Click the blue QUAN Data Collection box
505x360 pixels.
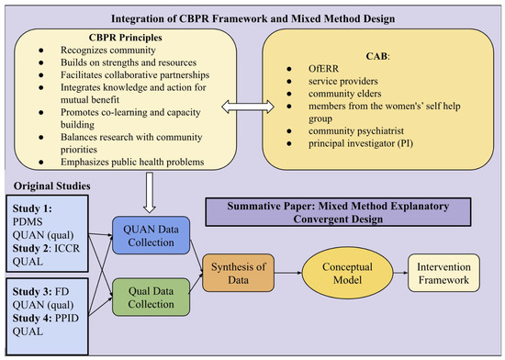point(151,235)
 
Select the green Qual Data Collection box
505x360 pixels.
point(151,298)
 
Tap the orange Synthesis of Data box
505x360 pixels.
point(239,273)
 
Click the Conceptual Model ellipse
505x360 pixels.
point(347,273)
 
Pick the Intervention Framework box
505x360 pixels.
point(443,273)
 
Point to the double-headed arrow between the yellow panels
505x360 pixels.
point(248,107)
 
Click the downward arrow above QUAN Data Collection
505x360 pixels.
point(150,193)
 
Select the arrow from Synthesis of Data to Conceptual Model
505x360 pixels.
point(288,273)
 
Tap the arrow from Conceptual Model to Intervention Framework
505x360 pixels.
point(400,273)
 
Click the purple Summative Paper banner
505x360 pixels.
point(338,212)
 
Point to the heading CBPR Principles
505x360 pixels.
point(125,38)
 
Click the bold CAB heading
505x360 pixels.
point(376,56)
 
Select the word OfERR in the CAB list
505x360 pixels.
point(323,69)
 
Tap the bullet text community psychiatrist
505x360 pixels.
point(356,131)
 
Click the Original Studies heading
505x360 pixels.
point(51,186)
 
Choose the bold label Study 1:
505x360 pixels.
point(32,208)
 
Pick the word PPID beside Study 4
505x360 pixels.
point(67,318)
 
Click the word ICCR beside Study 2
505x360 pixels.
point(67,248)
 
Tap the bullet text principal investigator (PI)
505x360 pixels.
point(361,143)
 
